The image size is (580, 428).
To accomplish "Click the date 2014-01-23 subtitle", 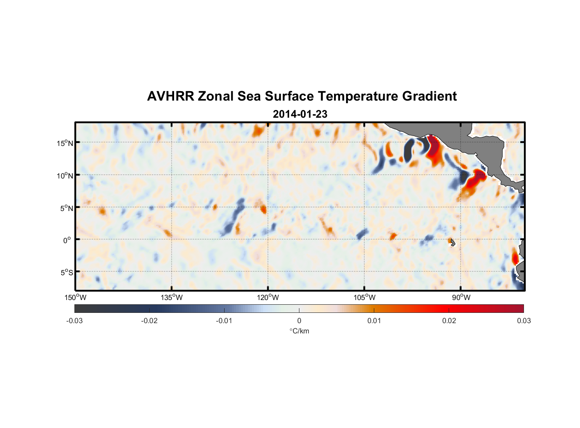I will [300, 114].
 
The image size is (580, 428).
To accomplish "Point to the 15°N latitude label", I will [65, 143].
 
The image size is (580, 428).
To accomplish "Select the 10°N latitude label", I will [65, 175].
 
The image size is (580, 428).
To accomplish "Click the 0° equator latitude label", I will [67, 241].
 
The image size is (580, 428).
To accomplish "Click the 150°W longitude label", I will [75, 297].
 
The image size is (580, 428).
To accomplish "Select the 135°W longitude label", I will [172, 297].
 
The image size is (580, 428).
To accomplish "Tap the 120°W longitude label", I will [268, 297].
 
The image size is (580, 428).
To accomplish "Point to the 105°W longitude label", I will [364, 297].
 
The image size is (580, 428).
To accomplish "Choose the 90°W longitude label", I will [461, 297].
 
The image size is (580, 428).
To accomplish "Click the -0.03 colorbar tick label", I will [74, 321].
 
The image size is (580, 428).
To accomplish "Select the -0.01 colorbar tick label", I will [224, 321].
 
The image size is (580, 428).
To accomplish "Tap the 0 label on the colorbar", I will [299, 321].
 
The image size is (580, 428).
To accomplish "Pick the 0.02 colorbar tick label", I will [449, 321].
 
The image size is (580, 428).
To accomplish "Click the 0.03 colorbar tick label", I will [524, 321].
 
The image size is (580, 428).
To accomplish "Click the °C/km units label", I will [299, 331].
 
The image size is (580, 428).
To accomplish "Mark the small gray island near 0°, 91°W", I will [452, 242].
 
